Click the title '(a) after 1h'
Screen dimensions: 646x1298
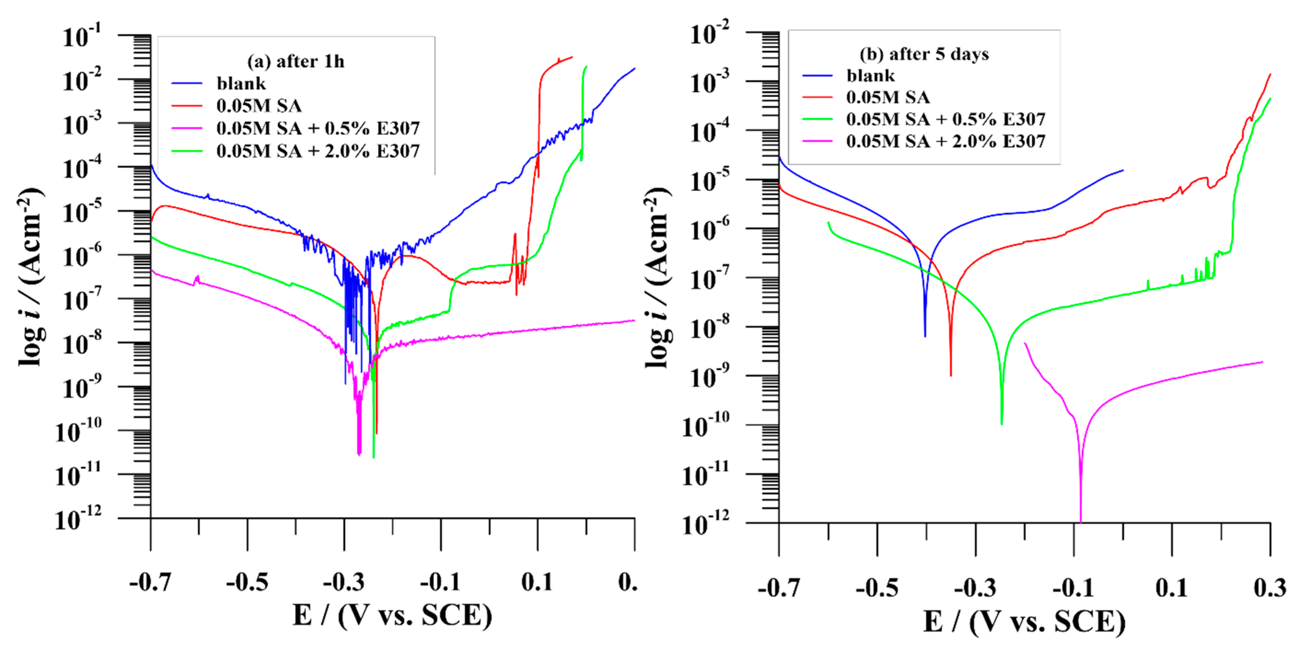pyautogui.click(x=296, y=61)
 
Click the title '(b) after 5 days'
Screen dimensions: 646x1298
pyautogui.click(x=924, y=54)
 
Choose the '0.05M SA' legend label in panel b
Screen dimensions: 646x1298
pyautogui.click(x=888, y=97)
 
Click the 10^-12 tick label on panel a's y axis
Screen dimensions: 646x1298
pyautogui.click(x=78, y=519)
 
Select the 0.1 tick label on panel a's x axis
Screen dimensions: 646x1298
pyautogui.click(x=537, y=583)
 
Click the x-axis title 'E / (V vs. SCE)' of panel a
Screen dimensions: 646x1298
pyautogui.click(x=392, y=616)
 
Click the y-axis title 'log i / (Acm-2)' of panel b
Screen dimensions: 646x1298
pyautogui.click(x=658, y=277)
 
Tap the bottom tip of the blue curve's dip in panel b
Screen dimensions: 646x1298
pyautogui.click(x=925, y=336)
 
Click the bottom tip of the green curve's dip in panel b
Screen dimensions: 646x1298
pyautogui.click(x=1002, y=423)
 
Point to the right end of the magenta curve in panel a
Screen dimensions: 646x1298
pyautogui.click(x=634, y=320)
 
